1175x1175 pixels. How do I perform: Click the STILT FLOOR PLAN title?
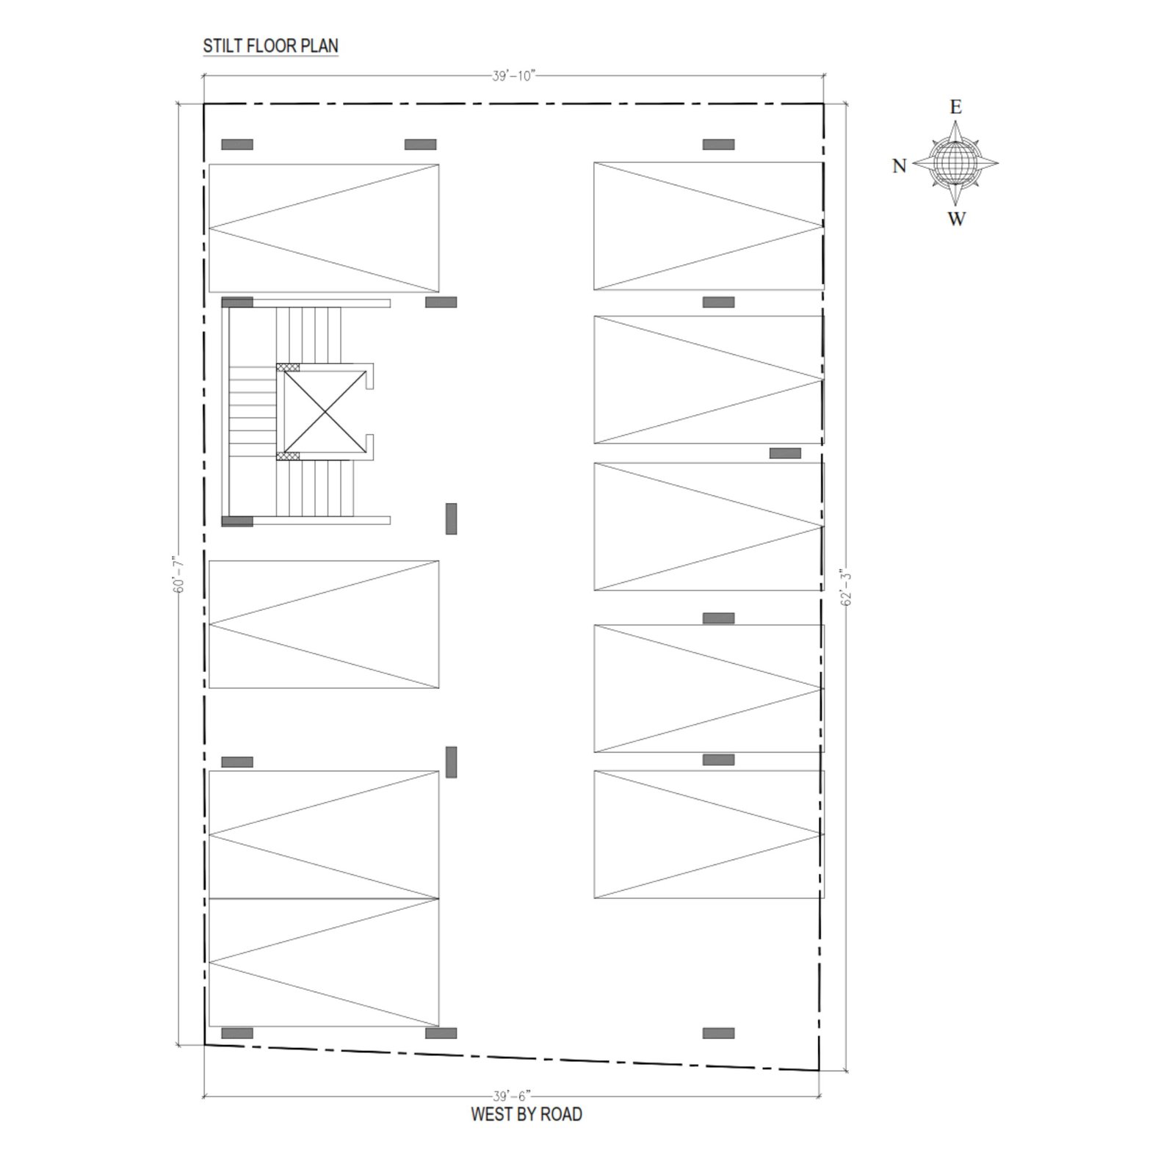pos(270,46)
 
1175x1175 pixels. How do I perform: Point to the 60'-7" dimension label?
pos(178,574)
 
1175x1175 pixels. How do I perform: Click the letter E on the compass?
pos(955,107)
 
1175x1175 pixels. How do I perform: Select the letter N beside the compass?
pos(900,166)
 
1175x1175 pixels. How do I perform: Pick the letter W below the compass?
pos(956,219)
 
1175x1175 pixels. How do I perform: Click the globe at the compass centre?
pos(955,163)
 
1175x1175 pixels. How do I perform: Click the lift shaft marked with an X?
pos(324,411)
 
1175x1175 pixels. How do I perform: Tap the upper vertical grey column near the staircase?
pos(451,518)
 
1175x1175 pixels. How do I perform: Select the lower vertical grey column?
pos(451,762)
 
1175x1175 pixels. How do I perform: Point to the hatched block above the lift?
pos(288,367)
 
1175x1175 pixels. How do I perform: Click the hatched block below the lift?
pos(288,456)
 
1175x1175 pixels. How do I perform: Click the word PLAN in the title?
pos(321,46)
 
